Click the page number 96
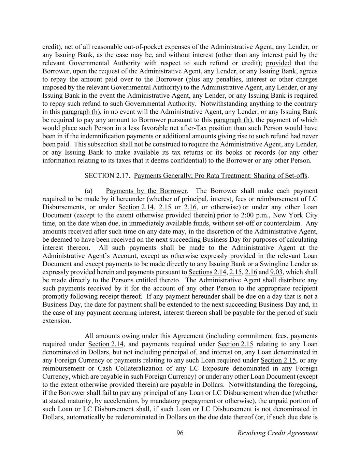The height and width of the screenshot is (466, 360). point(180,433)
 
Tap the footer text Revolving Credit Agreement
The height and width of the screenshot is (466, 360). point(277,433)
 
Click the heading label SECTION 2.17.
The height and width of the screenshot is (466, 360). point(107,176)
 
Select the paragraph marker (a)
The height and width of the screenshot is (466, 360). point(89,191)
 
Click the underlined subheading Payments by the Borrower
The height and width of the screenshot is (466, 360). point(146,191)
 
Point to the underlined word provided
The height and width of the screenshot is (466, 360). point(278,63)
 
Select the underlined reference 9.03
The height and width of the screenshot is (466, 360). point(276,272)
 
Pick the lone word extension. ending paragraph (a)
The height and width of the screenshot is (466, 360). point(57,321)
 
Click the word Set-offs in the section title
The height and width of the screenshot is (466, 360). point(296,176)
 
